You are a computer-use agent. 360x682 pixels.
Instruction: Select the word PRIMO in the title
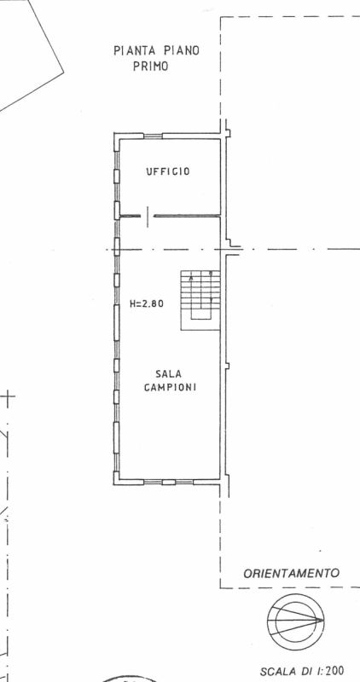pos(151,67)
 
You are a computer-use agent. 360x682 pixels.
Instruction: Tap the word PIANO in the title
pos(182,51)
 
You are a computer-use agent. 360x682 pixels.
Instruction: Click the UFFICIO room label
pos(167,171)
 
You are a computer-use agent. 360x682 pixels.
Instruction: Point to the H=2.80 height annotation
pos(147,303)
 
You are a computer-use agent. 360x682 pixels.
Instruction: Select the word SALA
pos(168,373)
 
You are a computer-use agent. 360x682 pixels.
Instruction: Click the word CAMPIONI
pos(170,387)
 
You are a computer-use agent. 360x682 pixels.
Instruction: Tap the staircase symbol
pos(200,301)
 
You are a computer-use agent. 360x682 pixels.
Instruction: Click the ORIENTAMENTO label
pos(291,573)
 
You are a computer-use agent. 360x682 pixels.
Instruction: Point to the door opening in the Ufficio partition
pos(148,216)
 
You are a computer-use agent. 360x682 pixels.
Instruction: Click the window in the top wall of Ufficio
pos(153,136)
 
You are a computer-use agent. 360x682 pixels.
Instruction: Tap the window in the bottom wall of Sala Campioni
pos(168,482)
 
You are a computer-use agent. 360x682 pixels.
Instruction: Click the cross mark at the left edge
pos(8,396)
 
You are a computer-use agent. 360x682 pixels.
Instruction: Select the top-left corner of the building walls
pos(114,133)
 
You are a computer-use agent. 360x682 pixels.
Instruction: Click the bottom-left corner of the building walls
pos(113,484)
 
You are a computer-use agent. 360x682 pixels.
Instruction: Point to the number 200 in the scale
pos(334,671)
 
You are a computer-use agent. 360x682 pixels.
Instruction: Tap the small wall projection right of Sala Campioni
pos(227,366)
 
